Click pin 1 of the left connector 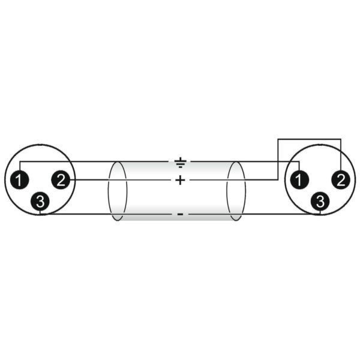tap(20, 180)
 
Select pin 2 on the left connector tap(61, 180)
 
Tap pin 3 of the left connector tap(40, 202)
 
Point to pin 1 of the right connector tap(299, 180)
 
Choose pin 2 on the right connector tap(341, 180)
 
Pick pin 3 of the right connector tap(320, 202)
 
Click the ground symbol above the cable tap(180, 163)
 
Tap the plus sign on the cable tap(180, 180)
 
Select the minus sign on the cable tap(180, 214)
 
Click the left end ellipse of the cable tap(118, 191)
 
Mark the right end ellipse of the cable tap(236, 191)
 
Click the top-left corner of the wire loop tap(278, 139)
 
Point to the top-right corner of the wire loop tap(341, 139)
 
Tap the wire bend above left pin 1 tap(20, 161)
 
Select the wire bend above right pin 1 tap(299, 161)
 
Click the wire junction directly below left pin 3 tap(40, 214)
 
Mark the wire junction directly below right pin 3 tap(320, 214)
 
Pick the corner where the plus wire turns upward tap(278, 179)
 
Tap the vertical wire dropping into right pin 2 tap(341, 155)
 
